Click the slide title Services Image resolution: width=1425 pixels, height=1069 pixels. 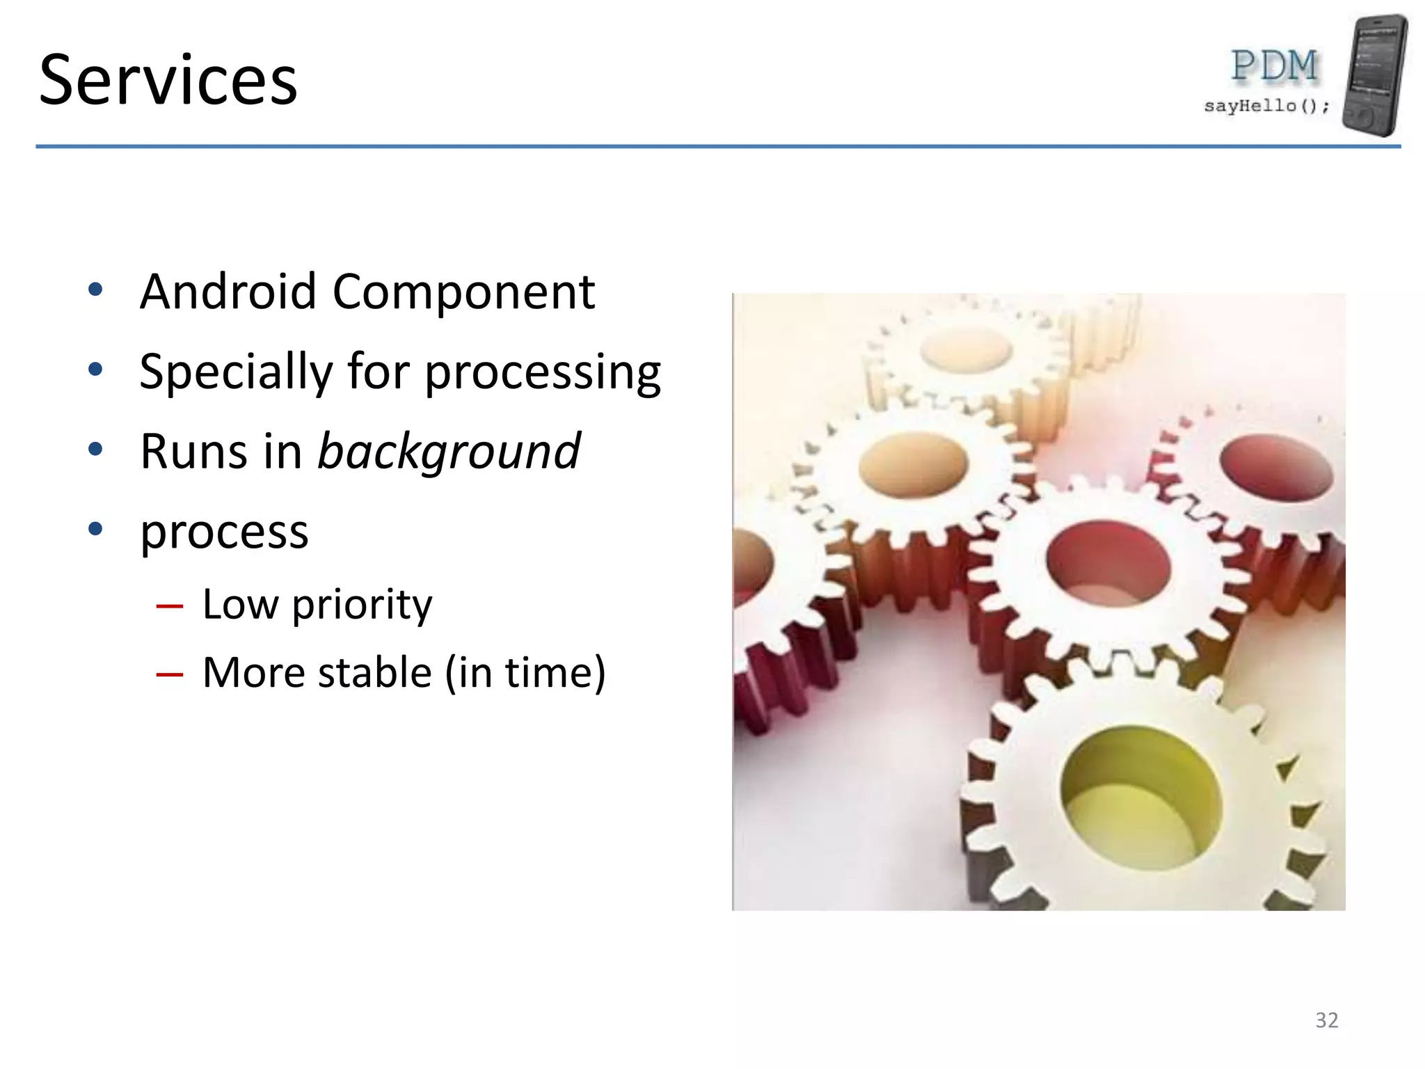168,81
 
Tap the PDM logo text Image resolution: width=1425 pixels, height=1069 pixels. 1274,67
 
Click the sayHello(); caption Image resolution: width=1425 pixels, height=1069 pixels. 1266,106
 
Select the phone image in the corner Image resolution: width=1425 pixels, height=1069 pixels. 1375,75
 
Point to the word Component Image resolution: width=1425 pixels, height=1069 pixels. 463,292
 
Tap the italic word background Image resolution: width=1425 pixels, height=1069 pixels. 449,453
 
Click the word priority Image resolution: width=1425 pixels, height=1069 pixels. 362,605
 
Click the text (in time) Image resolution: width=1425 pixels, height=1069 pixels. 525,673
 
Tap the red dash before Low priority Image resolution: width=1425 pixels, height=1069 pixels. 170,607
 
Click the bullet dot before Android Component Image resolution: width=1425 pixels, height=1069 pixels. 96,290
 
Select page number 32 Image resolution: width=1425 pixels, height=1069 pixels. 1326,1020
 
